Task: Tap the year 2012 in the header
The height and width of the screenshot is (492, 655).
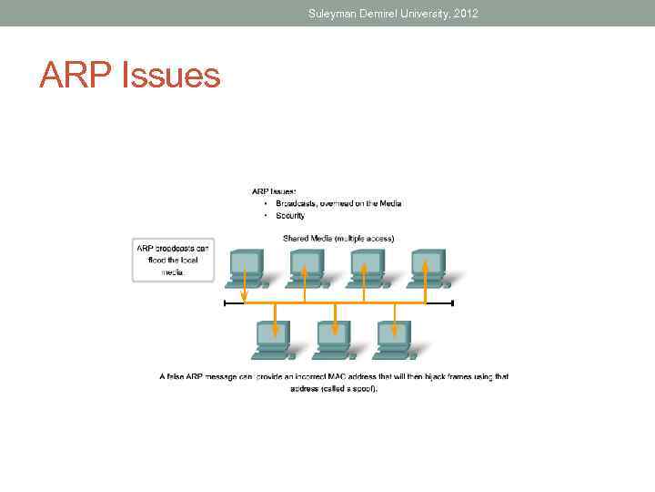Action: coord(462,14)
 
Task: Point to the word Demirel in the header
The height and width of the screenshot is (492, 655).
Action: coord(370,14)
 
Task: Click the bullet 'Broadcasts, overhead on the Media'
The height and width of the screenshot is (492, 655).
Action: coord(338,203)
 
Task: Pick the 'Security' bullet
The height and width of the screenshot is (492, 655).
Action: coord(291,216)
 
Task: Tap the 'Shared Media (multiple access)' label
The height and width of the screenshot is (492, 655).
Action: coord(338,238)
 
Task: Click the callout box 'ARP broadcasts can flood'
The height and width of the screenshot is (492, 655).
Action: coord(173,260)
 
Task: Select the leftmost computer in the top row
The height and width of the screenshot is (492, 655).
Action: coord(246,267)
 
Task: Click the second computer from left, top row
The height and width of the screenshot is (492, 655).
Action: coord(305,267)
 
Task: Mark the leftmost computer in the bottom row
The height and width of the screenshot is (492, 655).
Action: coord(272,339)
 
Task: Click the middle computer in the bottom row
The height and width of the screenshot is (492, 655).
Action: coord(332,339)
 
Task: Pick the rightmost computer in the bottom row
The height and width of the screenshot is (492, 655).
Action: coord(393,339)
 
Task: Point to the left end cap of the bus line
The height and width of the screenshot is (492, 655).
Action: coord(225,303)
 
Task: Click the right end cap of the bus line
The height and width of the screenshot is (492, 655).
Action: coord(452,303)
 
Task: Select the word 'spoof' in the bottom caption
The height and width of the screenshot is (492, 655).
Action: coord(363,389)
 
